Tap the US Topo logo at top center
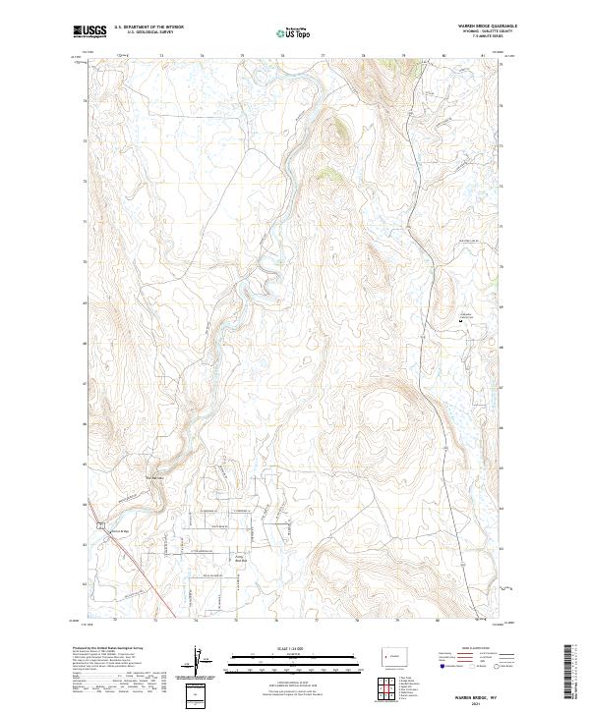click(293, 32)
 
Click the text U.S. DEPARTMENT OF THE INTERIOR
click(148, 27)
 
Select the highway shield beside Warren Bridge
click(100, 525)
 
